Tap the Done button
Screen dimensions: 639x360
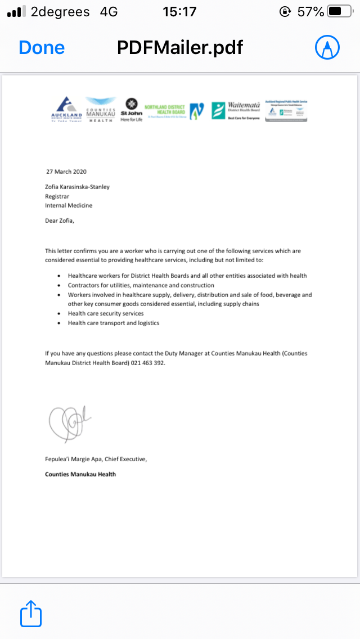coord(42,47)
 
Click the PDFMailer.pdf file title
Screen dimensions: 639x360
coord(179,47)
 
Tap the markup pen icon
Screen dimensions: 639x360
coord(327,47)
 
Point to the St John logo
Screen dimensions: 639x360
coord(131,109)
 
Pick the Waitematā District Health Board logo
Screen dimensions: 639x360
coord(236,110)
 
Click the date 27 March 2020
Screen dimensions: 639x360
coord(66,172)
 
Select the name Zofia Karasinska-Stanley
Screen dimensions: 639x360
coord(78,187)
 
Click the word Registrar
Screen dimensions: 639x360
coord(57,196)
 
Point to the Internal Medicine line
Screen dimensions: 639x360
coord(69,205)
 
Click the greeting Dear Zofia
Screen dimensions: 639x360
coord(60,220)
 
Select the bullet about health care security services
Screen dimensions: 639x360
coord(106,313)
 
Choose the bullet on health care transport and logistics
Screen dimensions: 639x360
coord(114,323)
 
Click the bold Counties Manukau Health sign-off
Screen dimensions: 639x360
coord(80,474)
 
